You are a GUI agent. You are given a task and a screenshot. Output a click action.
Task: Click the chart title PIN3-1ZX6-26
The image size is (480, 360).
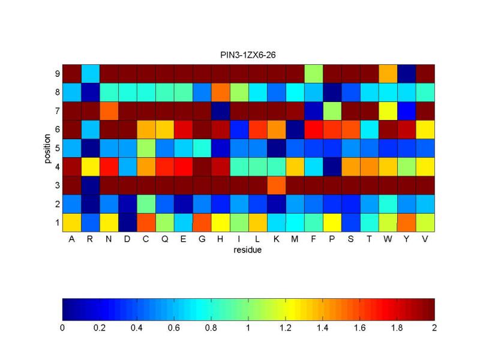248,55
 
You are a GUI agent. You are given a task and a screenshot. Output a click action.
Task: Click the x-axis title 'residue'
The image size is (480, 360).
248,250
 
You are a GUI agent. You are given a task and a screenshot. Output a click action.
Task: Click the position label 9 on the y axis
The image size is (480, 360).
56,74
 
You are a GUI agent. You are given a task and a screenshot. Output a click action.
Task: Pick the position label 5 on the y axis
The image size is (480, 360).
56,148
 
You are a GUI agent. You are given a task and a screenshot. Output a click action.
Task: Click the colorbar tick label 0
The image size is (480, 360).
62,328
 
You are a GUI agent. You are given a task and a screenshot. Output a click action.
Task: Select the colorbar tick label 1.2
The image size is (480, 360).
286,328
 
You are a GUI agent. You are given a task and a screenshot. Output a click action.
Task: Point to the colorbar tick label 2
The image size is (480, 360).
434,328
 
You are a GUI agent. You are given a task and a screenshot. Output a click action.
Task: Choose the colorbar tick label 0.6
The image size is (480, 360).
174,328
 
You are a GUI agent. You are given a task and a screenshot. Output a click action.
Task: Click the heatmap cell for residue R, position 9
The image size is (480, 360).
91,74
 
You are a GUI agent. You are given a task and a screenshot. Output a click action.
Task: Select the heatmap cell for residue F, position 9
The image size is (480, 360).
313,74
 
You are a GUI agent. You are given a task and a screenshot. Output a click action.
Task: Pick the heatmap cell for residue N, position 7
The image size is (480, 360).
109,111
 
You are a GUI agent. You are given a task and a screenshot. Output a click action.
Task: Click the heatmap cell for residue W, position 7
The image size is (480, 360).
388,111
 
